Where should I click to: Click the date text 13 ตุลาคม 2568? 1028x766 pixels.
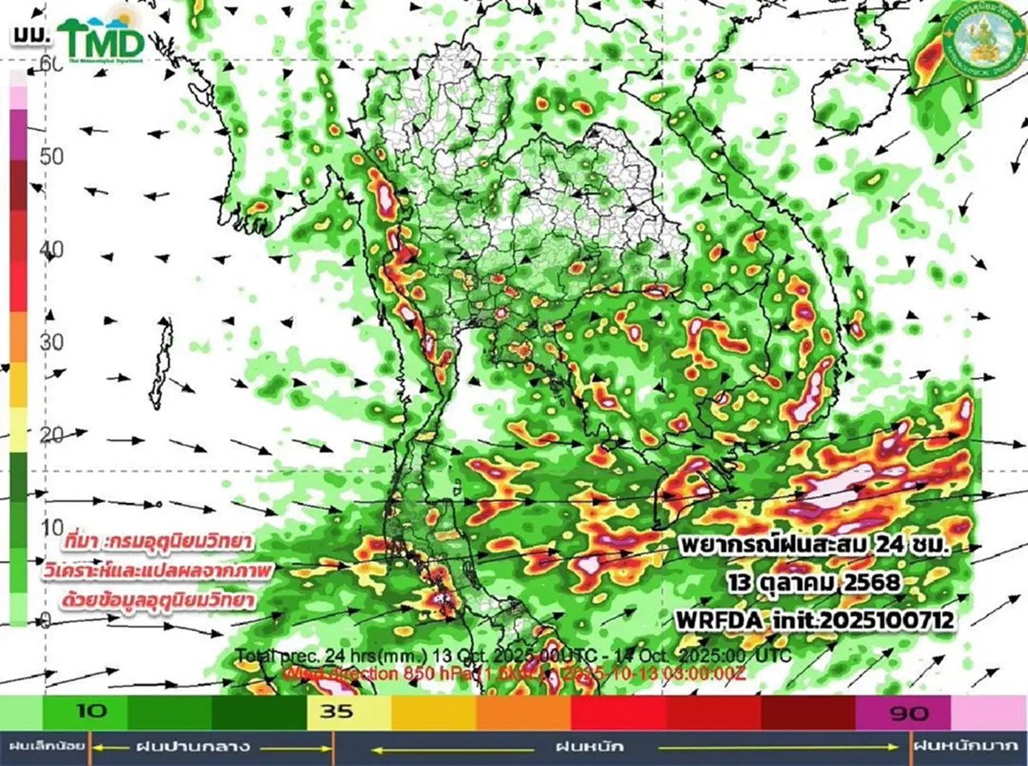[x=810, y=583]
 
